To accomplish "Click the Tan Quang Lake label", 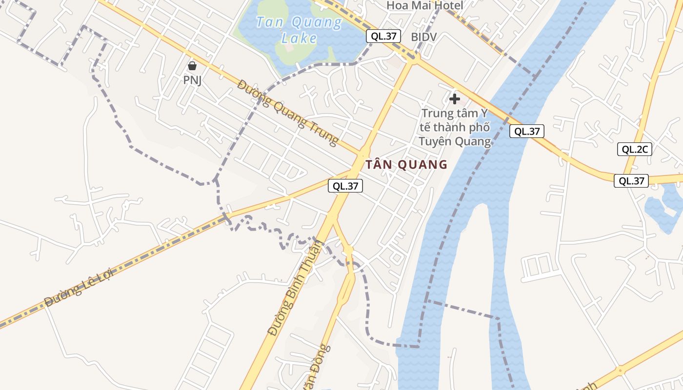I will point(299,30).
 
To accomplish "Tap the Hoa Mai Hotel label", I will point(424,5).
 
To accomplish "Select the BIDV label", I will point(423,37).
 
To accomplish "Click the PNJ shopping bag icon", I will point(192,66).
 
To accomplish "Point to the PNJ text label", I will point(192,80).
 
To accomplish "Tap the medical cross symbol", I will point(455,99).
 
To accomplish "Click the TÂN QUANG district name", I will point(406,164).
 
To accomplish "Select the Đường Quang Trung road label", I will point(288,113).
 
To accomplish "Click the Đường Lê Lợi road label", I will point(78,288).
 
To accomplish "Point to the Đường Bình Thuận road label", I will point(295,288).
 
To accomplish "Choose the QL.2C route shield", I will point(634,149).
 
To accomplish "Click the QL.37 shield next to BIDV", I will point(383,36).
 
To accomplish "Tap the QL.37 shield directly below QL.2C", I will point(631,181).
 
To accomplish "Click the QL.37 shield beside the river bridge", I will point(527,131).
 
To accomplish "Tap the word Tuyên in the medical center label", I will point(435,141).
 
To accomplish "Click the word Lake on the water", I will point(299,38).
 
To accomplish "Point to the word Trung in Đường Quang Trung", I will point(320,130).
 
